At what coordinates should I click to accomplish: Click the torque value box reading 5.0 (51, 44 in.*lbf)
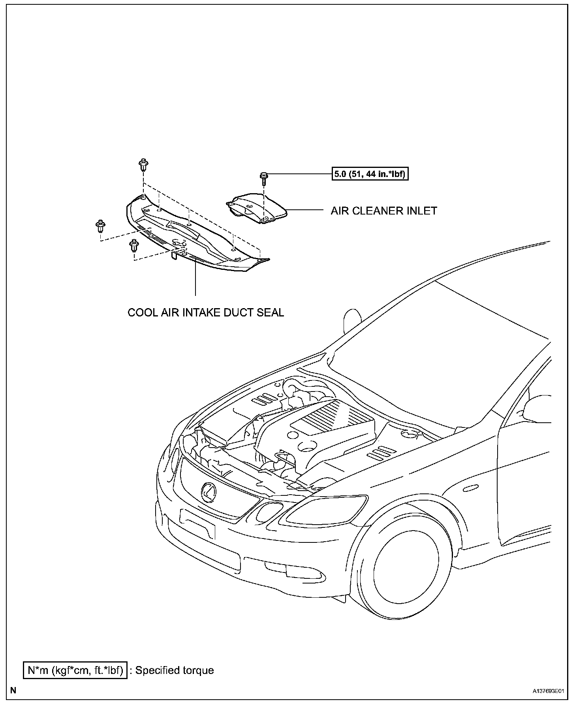pos(370,174)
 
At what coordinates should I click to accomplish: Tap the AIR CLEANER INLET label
pos(384,211)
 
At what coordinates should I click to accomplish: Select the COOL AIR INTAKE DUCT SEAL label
pos(206,312)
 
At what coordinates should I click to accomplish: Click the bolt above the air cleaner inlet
pos(264,178)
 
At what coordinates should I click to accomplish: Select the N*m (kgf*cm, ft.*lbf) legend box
pos(75,670)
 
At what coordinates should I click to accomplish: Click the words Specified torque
pos(175,670)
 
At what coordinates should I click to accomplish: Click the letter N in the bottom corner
pos(13,691)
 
